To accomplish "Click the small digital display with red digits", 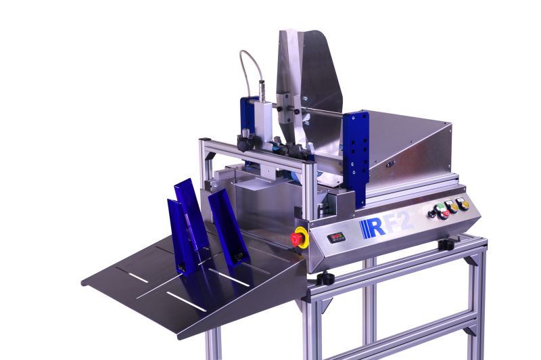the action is (x=336, y=237).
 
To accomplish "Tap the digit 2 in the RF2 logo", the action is (x=406, y=222).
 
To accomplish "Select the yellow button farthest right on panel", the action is (x=463, y=204).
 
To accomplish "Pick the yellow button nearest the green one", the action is (x=451, y=207).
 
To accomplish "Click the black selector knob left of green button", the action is (x=432, y=214).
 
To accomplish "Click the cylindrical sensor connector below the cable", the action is (x=262, y=91).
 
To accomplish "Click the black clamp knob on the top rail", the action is (x=244, y=142).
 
